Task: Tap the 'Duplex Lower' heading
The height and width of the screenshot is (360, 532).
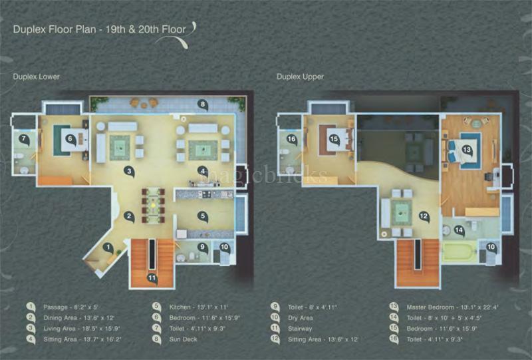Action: coord(37,77)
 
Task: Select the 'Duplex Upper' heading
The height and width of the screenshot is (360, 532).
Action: coord(300,77)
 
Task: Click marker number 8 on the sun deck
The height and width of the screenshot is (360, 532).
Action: coord(202,104)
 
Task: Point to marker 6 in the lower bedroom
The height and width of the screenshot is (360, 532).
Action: coord(71,140)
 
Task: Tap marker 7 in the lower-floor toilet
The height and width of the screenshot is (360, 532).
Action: coord(23,140)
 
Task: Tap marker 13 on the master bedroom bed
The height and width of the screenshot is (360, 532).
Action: coord(467,150)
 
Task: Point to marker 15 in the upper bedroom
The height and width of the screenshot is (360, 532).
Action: coord(334,139)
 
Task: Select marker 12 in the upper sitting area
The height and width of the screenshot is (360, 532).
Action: coord(422,216)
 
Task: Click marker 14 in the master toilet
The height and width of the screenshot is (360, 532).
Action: coord(458,230)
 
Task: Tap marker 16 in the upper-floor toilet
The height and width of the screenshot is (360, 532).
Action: coord(291,139)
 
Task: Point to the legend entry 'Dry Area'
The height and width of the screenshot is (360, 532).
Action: coord(300,317)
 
